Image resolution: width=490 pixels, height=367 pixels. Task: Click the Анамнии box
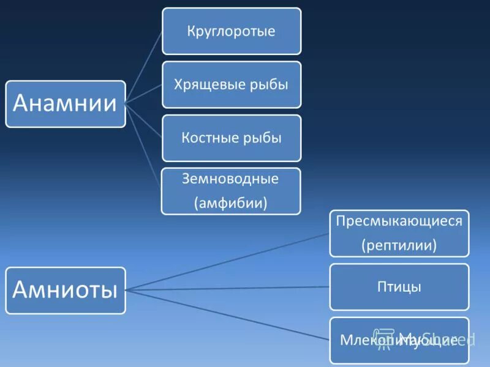66,104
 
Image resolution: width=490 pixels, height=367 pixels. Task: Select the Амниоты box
66,290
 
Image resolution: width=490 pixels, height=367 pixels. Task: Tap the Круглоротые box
232,31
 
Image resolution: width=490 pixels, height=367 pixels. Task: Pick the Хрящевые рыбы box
232,84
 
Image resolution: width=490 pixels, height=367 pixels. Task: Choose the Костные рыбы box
232,138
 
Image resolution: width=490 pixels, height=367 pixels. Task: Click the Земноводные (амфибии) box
231,191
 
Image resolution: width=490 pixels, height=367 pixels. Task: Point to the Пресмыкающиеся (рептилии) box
399,233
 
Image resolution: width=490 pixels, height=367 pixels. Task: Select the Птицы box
399,286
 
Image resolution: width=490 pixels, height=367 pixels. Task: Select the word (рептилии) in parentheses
399,246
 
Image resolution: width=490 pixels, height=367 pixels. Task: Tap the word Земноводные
230,179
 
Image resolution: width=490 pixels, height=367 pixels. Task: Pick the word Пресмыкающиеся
399,221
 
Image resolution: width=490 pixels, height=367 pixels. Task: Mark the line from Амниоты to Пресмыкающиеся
227,261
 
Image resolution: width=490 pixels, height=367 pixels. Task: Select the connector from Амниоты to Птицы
227,287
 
